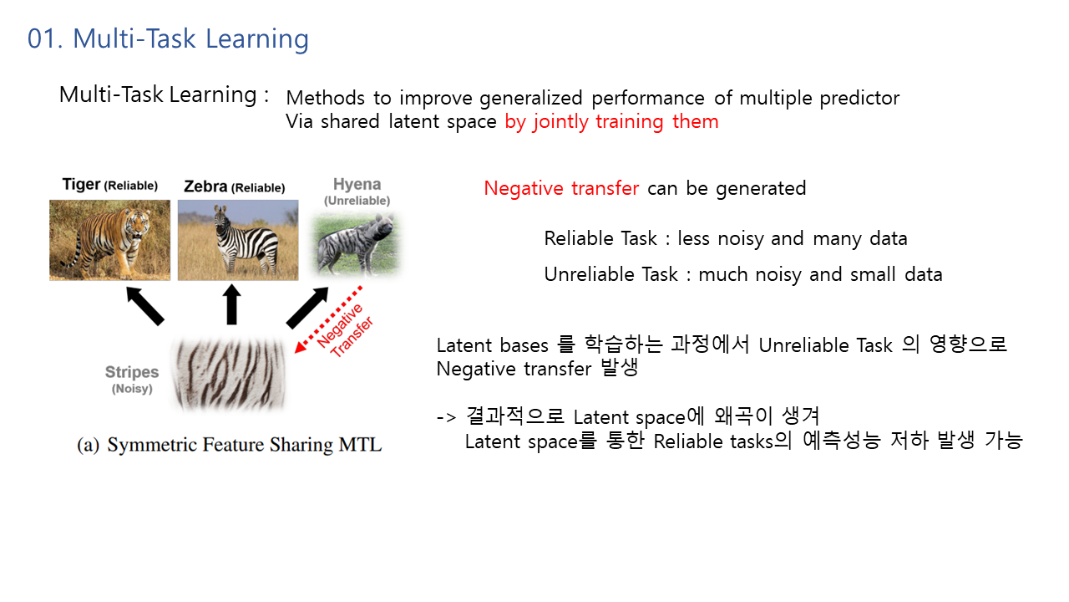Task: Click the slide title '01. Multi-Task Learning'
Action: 168,39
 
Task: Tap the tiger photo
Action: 109,240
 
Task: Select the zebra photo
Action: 238,240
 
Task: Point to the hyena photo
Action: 356,244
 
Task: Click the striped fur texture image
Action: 229,374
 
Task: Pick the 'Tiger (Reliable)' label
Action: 109,185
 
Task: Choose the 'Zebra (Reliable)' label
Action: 235,186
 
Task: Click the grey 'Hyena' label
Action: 357,184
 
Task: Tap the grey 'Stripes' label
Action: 132,372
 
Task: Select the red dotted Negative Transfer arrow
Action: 328,319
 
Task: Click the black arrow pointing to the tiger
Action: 145,306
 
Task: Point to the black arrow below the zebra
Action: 232,304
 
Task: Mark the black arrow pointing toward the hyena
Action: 307,308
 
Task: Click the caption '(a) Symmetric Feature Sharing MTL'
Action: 229,445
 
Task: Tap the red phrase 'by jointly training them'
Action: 611,122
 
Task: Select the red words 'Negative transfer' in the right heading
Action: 561,188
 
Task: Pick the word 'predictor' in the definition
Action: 859,99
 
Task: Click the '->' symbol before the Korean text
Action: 447,417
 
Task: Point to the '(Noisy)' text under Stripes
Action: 132,389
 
